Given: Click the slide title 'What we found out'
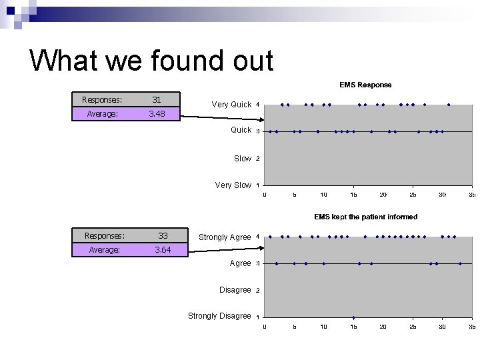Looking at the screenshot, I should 151,61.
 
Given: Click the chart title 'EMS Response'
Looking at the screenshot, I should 365,85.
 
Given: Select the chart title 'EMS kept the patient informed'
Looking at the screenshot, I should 365,217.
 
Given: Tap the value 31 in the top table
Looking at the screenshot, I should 157,100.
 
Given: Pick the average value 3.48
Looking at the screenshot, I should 157,114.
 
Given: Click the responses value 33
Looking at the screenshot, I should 163,235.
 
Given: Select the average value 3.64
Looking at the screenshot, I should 163,250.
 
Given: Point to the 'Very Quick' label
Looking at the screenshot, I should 231,105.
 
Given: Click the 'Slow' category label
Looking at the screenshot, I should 242,159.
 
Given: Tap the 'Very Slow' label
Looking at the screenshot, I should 233,185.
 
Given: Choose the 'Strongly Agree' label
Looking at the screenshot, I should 225,237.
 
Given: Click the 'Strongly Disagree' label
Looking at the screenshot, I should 219,316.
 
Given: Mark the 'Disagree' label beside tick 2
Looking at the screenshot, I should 235,290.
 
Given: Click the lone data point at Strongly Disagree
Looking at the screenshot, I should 353,317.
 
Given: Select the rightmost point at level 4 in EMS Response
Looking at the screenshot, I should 449,105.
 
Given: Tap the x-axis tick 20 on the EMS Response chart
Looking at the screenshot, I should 383,195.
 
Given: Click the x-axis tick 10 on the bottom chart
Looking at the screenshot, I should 323,327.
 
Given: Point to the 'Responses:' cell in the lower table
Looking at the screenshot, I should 105,235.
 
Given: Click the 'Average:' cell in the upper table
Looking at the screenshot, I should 102,114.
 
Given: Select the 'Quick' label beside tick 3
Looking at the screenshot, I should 241,130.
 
